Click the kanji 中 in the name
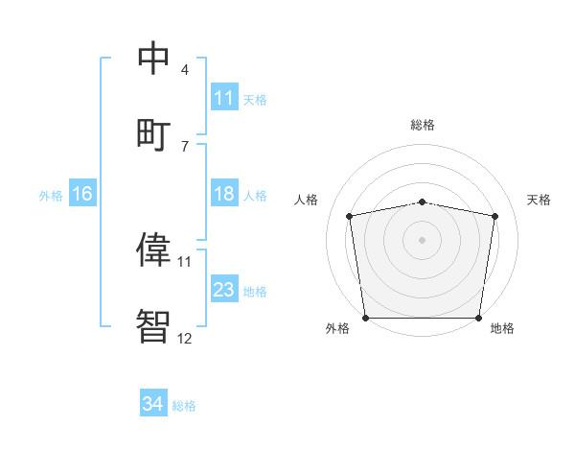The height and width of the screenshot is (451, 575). point(154,59)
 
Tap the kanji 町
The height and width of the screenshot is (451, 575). point(154,132)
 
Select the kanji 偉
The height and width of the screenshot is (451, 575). point(154,249)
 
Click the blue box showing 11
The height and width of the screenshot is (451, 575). point(224,97)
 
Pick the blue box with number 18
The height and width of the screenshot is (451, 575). point(224,194)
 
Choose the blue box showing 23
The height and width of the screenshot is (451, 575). point(224,290)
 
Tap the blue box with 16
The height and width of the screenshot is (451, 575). point(82,194)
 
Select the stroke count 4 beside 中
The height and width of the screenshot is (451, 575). point(185,70)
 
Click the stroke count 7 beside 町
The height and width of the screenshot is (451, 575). point(185,146)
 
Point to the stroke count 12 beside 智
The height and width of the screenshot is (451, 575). point(184,338)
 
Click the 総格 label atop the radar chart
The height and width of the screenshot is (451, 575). point(423,125)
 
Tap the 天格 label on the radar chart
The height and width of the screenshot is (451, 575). point(539,200)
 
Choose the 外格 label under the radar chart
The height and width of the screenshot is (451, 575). point(337,329)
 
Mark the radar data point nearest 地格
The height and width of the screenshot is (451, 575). point(478,318)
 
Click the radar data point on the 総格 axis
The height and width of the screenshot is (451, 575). point(423,202)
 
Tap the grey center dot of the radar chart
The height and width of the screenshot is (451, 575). point(423,240)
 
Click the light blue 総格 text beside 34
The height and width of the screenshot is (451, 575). point(185,406)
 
